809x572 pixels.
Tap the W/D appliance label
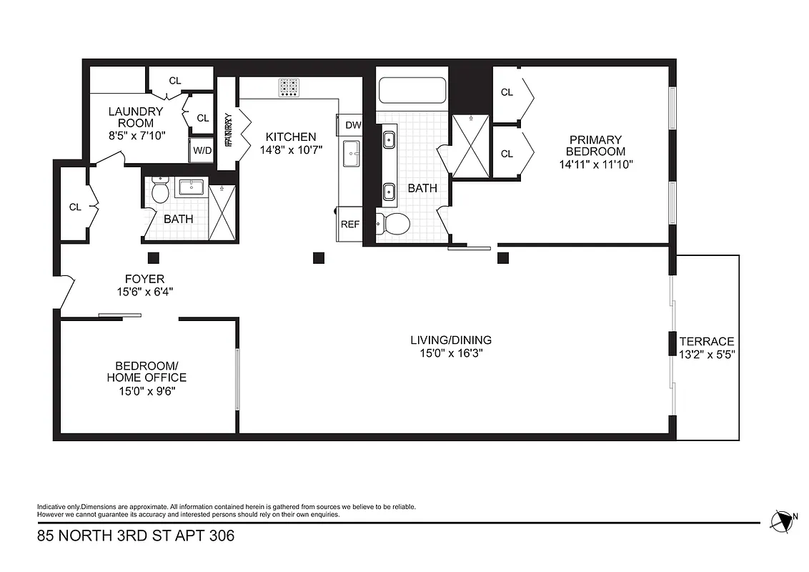tap(202, 152)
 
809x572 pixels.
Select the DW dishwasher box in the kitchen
tap(352, 125)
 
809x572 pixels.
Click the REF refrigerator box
tap(350, 224)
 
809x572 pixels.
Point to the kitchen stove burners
tap(289, 87)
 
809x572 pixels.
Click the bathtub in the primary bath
tap(412, 92)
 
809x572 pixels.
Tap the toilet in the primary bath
tap(392, 224)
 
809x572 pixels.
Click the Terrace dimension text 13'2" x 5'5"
tap(707, 354)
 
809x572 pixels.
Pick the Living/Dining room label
tap(450, 340)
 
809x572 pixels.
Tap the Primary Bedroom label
tap(595, 145)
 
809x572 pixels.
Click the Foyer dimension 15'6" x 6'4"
tap(145, 292)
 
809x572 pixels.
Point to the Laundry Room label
tap(136, 117)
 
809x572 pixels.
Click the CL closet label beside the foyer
tap(75, 207)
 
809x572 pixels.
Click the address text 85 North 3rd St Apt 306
tap(136, 535)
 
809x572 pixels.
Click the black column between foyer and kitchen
tap(319, 257)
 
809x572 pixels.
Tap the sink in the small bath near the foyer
tap(191, 188)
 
